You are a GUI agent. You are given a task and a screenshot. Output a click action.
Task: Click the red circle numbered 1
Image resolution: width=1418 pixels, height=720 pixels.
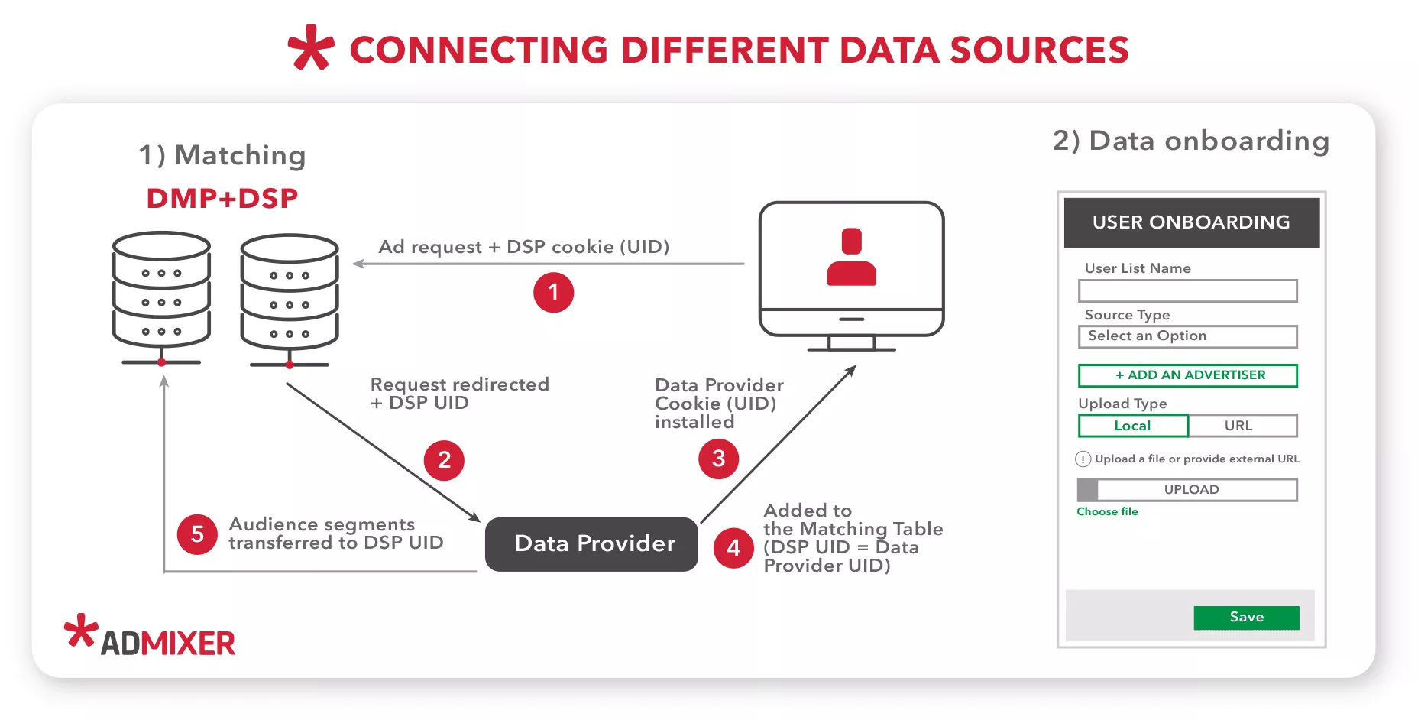553,293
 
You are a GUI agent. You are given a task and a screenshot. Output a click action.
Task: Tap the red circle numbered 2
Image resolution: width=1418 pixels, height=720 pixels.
444,460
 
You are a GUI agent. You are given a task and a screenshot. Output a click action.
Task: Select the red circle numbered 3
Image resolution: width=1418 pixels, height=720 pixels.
718,459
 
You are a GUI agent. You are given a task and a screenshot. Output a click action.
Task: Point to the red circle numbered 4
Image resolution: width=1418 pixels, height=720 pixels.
733,547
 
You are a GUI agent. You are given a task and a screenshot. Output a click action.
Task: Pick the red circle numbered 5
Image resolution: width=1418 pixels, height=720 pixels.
197,534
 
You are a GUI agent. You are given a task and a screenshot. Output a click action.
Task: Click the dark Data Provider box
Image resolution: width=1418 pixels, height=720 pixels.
591,544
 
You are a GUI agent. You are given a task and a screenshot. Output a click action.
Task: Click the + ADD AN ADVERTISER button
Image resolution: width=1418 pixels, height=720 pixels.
1187,375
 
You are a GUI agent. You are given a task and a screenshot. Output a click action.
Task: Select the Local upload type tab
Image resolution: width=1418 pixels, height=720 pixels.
1132,426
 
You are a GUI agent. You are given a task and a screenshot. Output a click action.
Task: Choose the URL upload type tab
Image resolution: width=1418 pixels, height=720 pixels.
1242,426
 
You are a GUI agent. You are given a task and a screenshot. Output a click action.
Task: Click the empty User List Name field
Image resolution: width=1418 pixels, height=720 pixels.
1187,291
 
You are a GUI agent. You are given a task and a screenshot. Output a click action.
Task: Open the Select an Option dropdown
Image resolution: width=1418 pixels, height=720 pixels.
1187,336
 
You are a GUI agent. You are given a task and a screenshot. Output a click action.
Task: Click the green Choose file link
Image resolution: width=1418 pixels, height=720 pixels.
1107,511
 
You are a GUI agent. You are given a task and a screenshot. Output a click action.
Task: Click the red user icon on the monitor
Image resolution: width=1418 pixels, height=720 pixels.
851,258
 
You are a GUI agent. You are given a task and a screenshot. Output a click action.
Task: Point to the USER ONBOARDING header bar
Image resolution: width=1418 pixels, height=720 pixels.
1191,222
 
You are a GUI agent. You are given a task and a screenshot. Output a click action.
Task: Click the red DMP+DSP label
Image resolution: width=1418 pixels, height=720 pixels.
222,199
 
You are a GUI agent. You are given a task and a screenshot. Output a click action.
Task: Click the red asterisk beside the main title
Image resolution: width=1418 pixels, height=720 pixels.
311,48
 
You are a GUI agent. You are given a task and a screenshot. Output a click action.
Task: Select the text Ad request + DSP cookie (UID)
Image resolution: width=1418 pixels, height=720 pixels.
524,247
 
